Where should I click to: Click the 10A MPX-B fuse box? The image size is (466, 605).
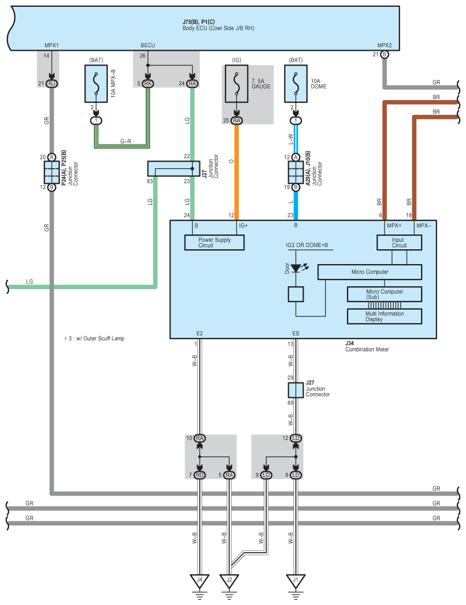point(96,84)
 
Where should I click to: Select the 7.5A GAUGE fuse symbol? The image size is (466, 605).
point(236,84)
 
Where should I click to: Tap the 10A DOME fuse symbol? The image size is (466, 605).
point(296,84)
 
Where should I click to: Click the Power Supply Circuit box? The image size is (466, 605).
point(214,242)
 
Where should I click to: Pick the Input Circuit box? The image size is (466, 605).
point(399,242)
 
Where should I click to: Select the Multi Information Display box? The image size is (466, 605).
point(385,316)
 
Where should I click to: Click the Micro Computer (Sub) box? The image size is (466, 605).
point(385,294)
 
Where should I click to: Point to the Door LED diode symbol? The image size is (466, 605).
point(296,267)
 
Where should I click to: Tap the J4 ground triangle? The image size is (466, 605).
point(199,581)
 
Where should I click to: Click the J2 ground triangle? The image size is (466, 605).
point(230,581)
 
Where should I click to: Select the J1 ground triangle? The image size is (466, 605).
point(296,581)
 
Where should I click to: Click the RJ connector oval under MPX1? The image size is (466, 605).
point(52,84)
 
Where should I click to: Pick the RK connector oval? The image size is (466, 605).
point(148,84)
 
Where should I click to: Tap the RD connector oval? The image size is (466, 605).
point(199,475)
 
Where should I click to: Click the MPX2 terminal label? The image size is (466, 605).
point(385,46)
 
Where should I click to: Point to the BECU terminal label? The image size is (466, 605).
point(148,46)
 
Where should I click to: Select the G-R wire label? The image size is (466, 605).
point(125,141)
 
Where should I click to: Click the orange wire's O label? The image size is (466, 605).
point(231,161)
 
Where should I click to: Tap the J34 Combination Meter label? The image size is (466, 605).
point(367,346)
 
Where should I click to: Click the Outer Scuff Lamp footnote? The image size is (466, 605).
point(94,339)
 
